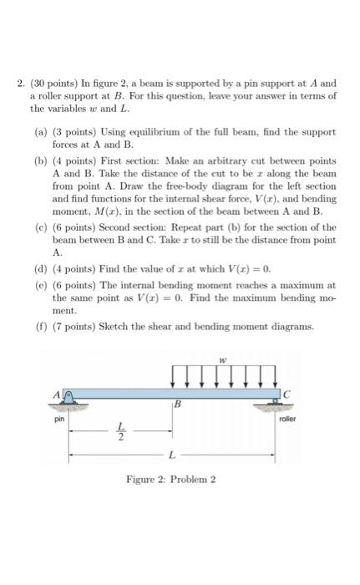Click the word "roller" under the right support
(x=285, y=420)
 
